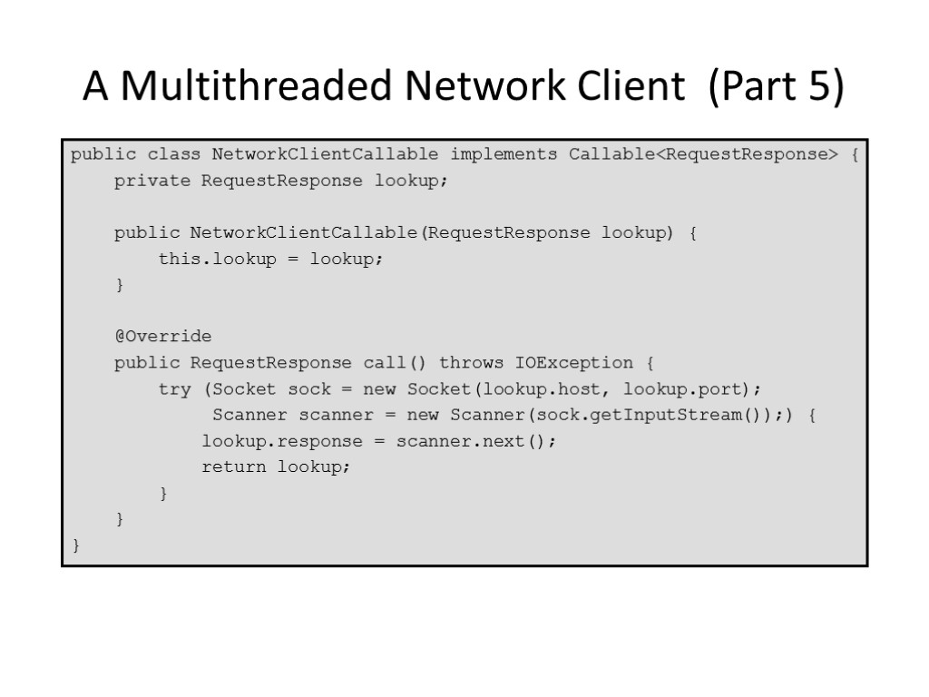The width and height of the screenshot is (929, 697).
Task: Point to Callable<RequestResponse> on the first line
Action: click(704, 154)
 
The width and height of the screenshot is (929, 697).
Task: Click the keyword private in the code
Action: click(152, 181)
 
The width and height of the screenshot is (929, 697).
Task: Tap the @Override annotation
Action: click(162, 337)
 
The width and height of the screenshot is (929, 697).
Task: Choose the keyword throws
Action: click(471, 363)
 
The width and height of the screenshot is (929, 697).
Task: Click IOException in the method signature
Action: click(574, 363)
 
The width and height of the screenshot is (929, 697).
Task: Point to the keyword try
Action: click(174, 389)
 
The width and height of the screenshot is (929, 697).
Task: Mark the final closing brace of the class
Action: click(76, 546)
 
